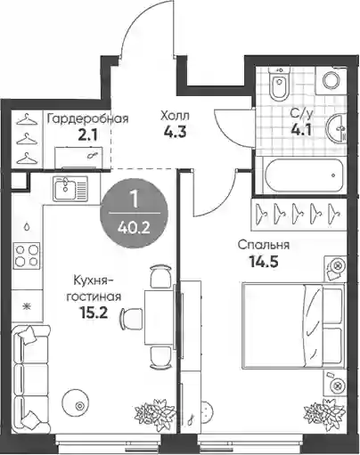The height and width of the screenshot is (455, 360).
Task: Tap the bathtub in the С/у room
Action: [x=305, y=175]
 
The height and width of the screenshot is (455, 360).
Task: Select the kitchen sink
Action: [x=70, y=189]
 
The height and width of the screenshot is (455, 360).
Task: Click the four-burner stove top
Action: [x=27, y=255]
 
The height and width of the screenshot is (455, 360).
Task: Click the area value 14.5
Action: [x=264, y=263]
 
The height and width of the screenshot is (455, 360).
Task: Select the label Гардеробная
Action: [x=88, y=118]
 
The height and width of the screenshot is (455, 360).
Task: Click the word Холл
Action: [x=175, y=116]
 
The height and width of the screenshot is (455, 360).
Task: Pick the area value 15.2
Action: [x=94, y=313]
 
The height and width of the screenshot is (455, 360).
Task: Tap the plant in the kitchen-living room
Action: [x=150, y=413]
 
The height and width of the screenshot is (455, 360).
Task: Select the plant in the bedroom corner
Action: [x=324, y=414]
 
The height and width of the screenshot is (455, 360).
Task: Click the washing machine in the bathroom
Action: [x=331, y=80]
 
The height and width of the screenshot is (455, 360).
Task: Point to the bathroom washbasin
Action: [x=337, y=128]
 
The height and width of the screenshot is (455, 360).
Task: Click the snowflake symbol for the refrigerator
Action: [x=28, y=306]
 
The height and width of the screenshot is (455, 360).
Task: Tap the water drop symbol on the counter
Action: [x=27, y=227]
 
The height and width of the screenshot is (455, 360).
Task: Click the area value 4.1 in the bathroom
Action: [x=301, y=130]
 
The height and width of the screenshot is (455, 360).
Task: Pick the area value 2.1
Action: [x=87, y=135]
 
